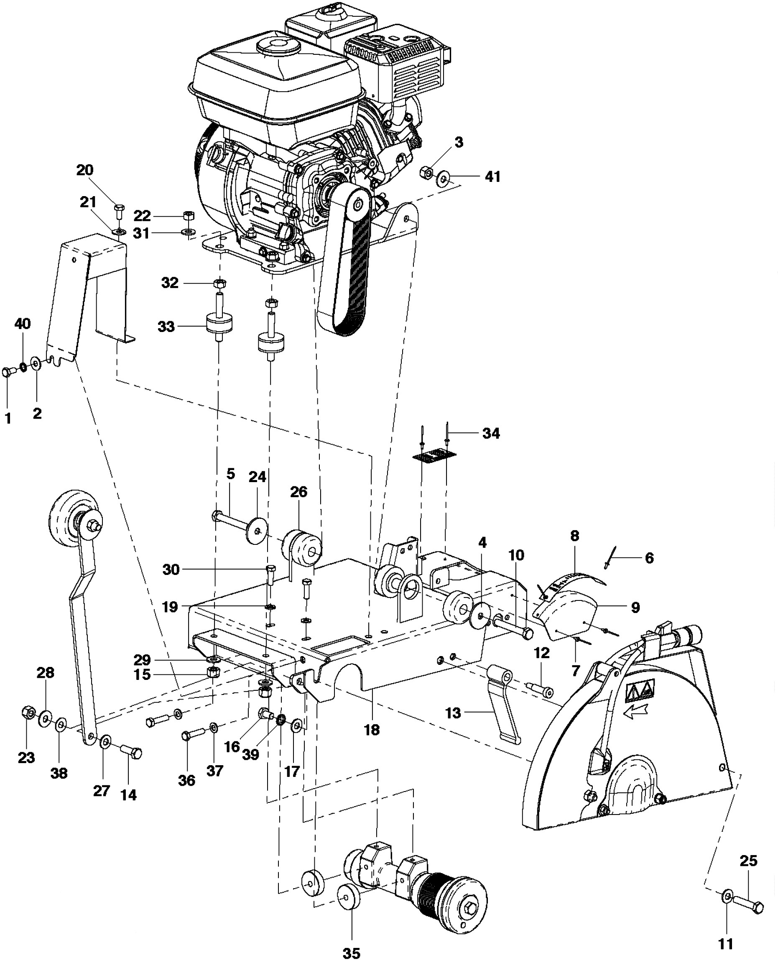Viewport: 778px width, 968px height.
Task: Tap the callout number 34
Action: coord(491,433)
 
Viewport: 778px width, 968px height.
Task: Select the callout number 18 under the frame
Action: coord(372,730)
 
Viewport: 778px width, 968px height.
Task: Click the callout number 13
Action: coord(453,713)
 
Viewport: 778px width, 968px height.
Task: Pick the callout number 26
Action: coord(298,492)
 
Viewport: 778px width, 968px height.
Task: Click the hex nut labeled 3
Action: coord(427,172)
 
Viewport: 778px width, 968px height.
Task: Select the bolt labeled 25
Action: coord(748,907)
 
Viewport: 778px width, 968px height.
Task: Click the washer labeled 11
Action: coord(727,897)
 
